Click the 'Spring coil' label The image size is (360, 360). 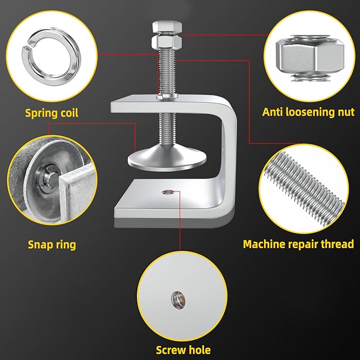(51, 113)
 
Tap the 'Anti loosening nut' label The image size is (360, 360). (309, 112)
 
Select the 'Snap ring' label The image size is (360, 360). (52, 245)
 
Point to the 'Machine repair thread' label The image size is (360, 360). (298, 244)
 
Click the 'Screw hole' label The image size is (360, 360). (183, 350)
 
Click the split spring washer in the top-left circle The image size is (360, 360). (51, 57)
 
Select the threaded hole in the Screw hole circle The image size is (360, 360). (178, 300)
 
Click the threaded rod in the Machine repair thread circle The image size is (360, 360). (304, 189)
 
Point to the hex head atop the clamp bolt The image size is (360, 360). (167, 27)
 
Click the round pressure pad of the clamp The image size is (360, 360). (167, 158)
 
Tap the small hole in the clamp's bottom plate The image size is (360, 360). (168, 192)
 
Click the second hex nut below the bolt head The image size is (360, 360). (166, 42)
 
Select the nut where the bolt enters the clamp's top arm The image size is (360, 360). (167, 96)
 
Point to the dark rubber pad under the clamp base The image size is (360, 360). (174, 222)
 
